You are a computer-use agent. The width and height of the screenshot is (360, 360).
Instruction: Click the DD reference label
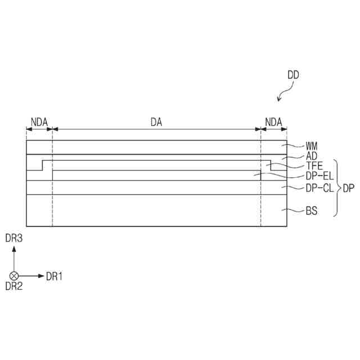coord(292,74)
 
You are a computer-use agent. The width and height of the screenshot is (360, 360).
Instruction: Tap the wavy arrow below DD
coord(286,91)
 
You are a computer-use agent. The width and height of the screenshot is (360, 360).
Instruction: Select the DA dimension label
coord(156,121)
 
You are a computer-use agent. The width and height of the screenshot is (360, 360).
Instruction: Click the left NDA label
coord(39,121)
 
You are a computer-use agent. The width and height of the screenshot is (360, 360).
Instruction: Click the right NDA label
coord(273,121)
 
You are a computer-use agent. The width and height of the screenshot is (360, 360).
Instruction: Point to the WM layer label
coord(312,146)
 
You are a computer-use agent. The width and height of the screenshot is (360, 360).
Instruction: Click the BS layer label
coord(311,211)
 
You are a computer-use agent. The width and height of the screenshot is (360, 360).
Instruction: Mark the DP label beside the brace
coord(348,188)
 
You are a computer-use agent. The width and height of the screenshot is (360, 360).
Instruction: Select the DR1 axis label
coord(54,276)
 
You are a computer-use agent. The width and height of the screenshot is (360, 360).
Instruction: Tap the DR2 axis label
coord(13,286)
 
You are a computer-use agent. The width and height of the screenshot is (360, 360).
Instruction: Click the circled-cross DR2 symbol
coord(14,276)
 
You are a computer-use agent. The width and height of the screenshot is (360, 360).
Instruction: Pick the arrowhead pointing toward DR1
coord(40,276)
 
